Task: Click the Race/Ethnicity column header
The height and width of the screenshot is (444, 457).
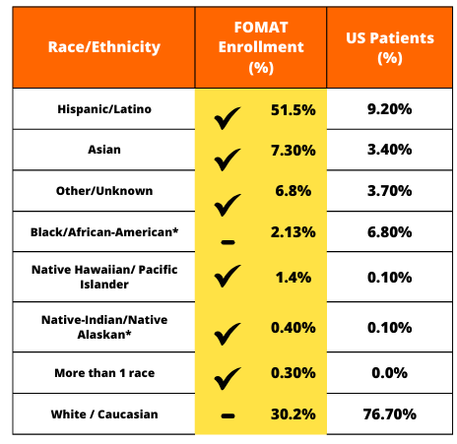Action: coord(104,47)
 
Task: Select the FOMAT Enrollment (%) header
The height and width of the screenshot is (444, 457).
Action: coord(261,47)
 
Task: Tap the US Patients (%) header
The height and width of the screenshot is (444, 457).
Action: coord(390,48)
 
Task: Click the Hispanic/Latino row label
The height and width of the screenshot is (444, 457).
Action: coord(104,109)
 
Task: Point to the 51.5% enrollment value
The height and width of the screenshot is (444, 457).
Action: coord(294,110)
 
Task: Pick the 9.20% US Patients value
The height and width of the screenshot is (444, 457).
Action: coord(390,109)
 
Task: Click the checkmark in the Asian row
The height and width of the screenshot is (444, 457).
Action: coord(228,159)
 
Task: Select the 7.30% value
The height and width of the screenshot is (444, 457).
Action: coord(294,151)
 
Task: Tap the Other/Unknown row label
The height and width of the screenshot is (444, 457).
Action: coord(104,191)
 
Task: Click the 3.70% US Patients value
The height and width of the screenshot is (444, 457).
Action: coord(390,191)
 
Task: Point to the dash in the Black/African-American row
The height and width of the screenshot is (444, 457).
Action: coord(228,242)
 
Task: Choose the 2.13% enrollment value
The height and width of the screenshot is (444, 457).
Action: coord(294,232)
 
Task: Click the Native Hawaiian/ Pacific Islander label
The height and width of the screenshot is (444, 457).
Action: coord(104,277)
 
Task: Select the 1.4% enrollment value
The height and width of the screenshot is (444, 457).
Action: coord(294,278)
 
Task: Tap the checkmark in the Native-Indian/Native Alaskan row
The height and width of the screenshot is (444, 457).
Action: coord(228,334)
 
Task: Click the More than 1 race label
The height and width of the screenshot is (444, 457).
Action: coord(104,373)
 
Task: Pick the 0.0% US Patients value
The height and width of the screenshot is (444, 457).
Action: coord(390,373)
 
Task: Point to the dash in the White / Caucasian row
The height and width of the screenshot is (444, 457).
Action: coord(228,416)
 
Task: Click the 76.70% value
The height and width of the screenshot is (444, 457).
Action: coord(390,414)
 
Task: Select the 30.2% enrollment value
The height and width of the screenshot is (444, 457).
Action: coord(294,414)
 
